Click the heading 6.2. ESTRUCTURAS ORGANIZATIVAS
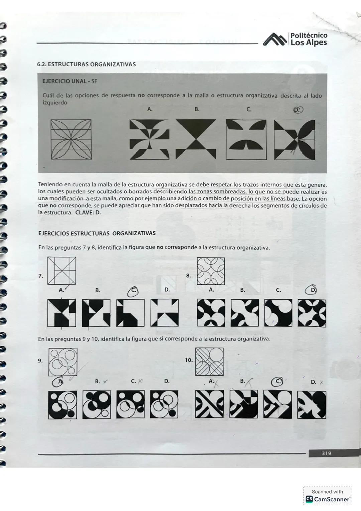coord(87,64)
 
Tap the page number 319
coord(326,453)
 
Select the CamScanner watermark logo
coord(309,499)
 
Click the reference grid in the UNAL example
coord(71,139)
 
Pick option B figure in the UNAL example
coord(196,139)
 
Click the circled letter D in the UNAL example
coord(298,110)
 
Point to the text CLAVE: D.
coord(88,213)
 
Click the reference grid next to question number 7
coord(62,271)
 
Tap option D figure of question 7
coord(164,313)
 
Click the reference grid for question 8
coord(211,271)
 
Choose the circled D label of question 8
coord(312,290)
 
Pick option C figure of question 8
coord(278,313)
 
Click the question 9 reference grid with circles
coord(63,362)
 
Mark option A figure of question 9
coord(63,405)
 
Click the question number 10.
coord(189,360)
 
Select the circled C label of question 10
coord(277,381)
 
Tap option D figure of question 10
coord(312,405)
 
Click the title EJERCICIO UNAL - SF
coord(70,81)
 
